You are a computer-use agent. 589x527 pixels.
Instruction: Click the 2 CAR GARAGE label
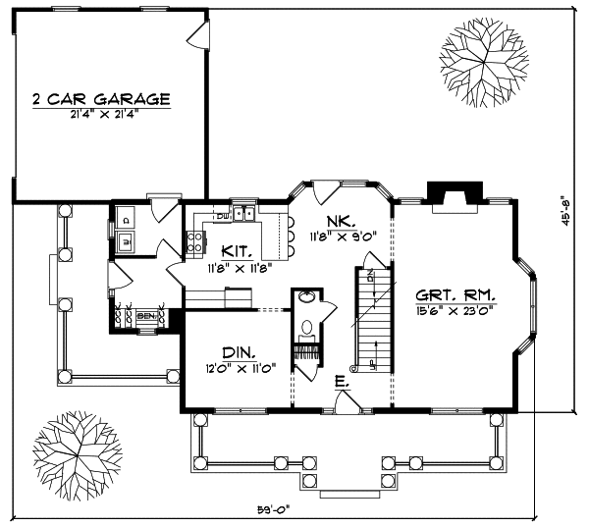coord(100,99)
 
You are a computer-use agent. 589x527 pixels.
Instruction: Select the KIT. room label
coord(232,251)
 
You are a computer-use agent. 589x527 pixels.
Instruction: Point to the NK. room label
coord(340,220)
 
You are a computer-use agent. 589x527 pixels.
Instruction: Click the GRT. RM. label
coord(455,294)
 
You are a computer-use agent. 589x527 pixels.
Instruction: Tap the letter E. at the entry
coord(340,382)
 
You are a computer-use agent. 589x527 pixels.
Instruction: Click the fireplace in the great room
coord(455,195)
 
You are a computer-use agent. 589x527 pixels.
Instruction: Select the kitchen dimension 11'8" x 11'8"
coord(232,268)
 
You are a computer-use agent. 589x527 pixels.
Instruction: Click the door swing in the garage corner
coord(199,36)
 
